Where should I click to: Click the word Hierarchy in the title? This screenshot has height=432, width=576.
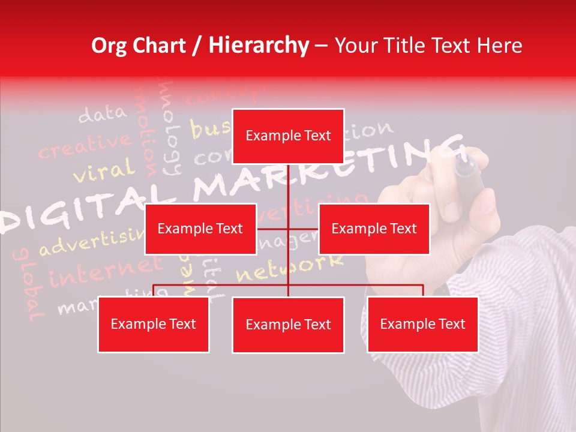[x=259, y=46]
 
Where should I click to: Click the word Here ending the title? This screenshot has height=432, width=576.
[x=497, y=46]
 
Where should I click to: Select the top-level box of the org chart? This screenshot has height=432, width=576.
[x=288, y=136]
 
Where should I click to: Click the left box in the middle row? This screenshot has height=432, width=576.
[x=200, y=229]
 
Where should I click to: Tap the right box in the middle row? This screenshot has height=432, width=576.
[x=374, y=229]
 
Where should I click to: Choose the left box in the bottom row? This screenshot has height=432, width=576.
[x=154, y=325]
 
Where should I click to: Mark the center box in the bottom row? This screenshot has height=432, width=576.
[x=288, y=325]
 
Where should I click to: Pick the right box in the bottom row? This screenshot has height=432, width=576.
[x=422, y=325]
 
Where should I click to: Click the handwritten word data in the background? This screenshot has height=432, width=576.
[x=102, y=113]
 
